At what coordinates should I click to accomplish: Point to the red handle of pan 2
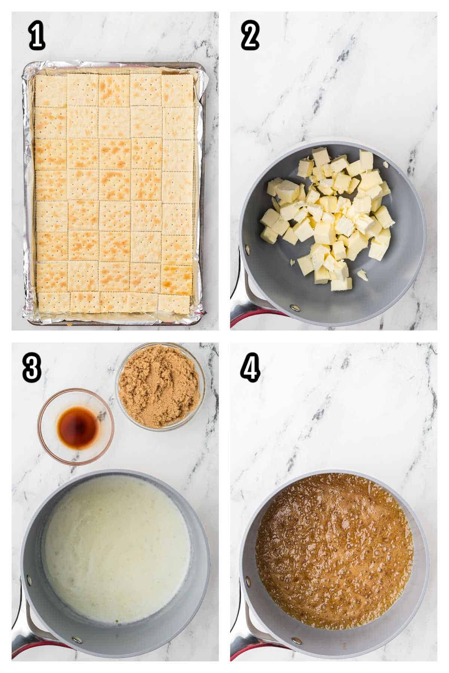[x=247, y=318]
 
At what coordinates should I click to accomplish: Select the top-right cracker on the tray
[x=177, y=90]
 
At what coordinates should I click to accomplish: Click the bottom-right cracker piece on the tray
[x=174, y=303]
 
